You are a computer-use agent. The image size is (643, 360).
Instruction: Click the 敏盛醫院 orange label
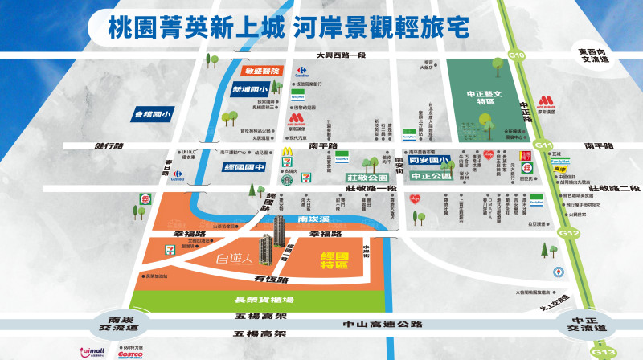256,72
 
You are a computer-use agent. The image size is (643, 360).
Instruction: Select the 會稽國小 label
154,115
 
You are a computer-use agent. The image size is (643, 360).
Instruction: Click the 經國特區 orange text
333,260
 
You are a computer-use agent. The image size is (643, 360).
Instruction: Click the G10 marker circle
516,55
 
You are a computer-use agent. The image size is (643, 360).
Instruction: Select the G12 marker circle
570,233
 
